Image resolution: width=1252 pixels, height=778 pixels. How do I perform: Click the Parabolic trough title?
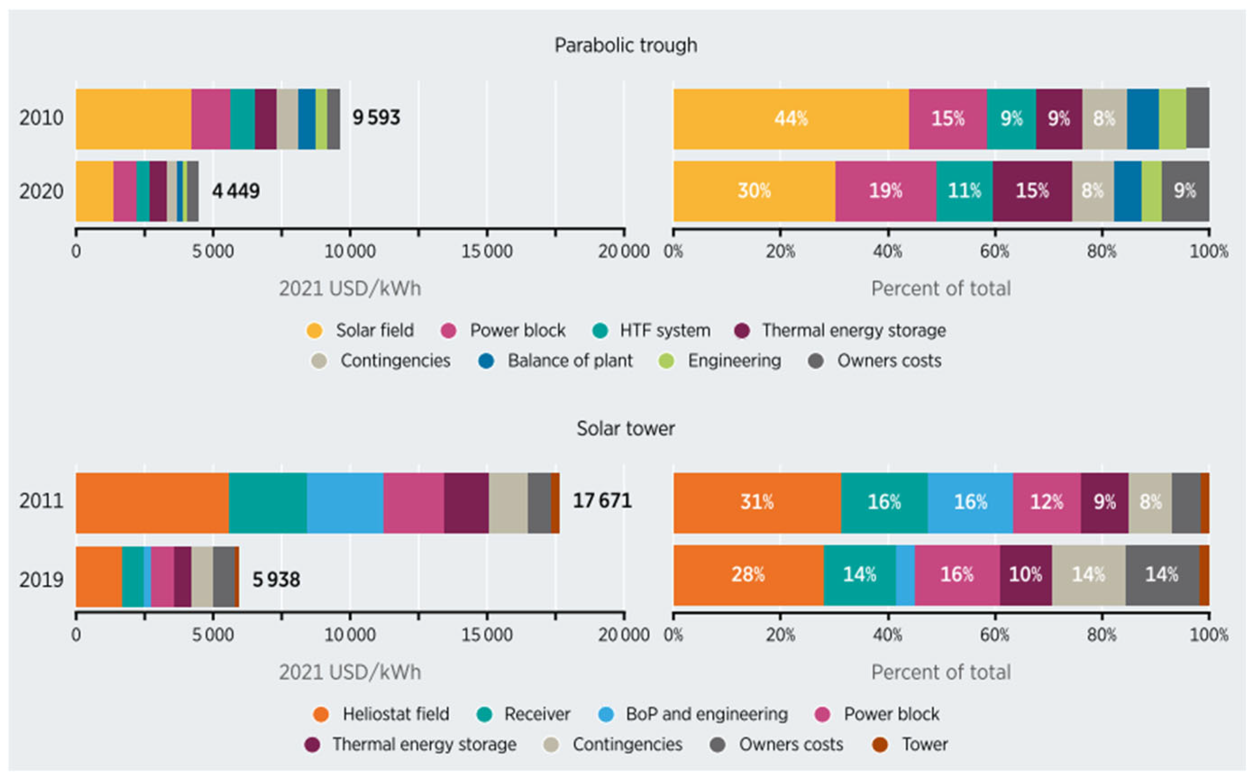click(x=625, y=45)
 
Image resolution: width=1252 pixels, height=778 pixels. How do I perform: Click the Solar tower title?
click(x=625, y=428)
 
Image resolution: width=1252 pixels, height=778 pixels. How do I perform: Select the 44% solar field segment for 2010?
click(x=791, y=119)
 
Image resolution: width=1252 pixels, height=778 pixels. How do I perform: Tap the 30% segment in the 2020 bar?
click(x=754, y=191)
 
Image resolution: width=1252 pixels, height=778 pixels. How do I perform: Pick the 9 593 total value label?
click(x=376, y=118)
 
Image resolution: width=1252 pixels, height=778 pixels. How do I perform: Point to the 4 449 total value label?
click(x=236, y=192)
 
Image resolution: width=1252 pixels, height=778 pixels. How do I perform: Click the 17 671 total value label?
click(x=602, y=501)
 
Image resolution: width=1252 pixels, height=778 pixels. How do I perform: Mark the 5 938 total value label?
click(x=276, y=580)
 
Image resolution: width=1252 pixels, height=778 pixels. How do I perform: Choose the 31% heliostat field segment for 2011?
click(x=756, y=502)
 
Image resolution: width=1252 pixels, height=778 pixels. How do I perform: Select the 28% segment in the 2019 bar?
click(x=748, y=575)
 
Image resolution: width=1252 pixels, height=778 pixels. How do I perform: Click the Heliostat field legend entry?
click(x=382, y=714)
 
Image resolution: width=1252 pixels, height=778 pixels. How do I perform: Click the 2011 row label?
click(x=41, y=501)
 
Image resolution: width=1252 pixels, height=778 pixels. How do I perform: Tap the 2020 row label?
click(x=41, y=192)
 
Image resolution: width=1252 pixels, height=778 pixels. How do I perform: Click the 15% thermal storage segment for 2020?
click(x=1032, y=191)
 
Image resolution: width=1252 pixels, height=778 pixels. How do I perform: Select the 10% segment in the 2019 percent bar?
click(x=1025, y=575)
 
